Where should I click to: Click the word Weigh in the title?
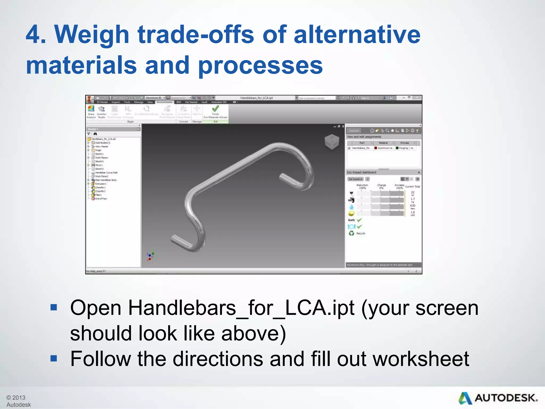click(x=92, y=35)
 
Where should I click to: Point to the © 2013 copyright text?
click(x=16, y=398)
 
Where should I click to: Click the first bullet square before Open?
click(x=54, y=308)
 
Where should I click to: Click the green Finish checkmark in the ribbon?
click(x=215, y=109)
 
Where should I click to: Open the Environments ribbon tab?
click(x=164, y=102)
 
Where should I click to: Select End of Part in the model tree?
click(x=101, y=199)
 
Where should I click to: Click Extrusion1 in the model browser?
click(x=101, y=184)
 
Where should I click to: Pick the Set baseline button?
click(x=356, y=179)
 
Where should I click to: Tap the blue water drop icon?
click(x=352, y=207)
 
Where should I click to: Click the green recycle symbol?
click(x=352, y=233)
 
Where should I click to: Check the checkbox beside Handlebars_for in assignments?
click(x=349, y=148)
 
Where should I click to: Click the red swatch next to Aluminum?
click(x=376, y=148)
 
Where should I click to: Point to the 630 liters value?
click(x=412, y=206)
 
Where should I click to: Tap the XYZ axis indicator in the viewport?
click(x=150, y=256)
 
